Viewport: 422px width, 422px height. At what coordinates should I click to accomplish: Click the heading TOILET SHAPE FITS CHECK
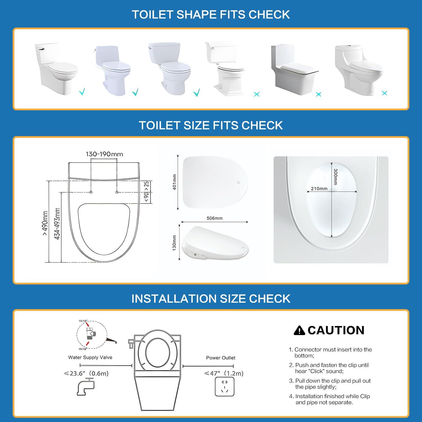pyautogui.click(x=211, y=15)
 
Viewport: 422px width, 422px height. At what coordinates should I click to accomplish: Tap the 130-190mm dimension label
pyautogui.click(x=104, y=154)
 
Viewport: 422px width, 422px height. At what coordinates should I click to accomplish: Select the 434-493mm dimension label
pyautogui.click(x=57, y=224)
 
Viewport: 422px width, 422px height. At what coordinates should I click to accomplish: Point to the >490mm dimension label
pyautogui.click(x=45, y=223)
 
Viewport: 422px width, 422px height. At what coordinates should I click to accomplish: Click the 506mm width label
pyautogui.click(x=214, y=218)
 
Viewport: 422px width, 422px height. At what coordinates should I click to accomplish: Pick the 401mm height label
pyautogui.click(x=174, y=182)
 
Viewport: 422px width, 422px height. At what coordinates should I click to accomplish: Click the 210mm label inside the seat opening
pyautogui.click(x=319, y=188)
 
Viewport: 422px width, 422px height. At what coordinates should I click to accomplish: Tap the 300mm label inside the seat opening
pyautogui.click(x=335, y=176)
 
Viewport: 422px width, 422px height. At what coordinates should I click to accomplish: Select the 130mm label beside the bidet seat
pyautogui.click(x=174, y=243)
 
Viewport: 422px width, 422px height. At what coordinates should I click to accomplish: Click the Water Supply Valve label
pyautogui.click(x=90, y=357)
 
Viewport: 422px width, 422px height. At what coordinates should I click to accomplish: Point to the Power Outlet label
pyautogui.click(x=221, y=358)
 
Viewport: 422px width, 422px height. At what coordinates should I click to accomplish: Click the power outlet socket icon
pyautogui.click(x=225, y=387)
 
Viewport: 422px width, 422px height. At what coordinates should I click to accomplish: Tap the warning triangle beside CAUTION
pyautogui.click(x=299, y=330)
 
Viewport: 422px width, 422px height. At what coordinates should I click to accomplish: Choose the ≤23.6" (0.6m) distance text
pyautogui.click(x=86, y=373)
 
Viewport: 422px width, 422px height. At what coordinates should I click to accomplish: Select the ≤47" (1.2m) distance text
pyautogui.click(x=224, y=373)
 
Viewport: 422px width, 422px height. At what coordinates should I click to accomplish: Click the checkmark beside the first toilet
pyautogui.click(x=82, y=92)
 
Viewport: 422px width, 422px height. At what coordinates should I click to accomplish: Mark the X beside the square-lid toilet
pyautogui.click(x=318, y=95)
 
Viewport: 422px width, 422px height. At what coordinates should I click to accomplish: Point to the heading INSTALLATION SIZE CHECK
pyautogui.click(x=211, y=298)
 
